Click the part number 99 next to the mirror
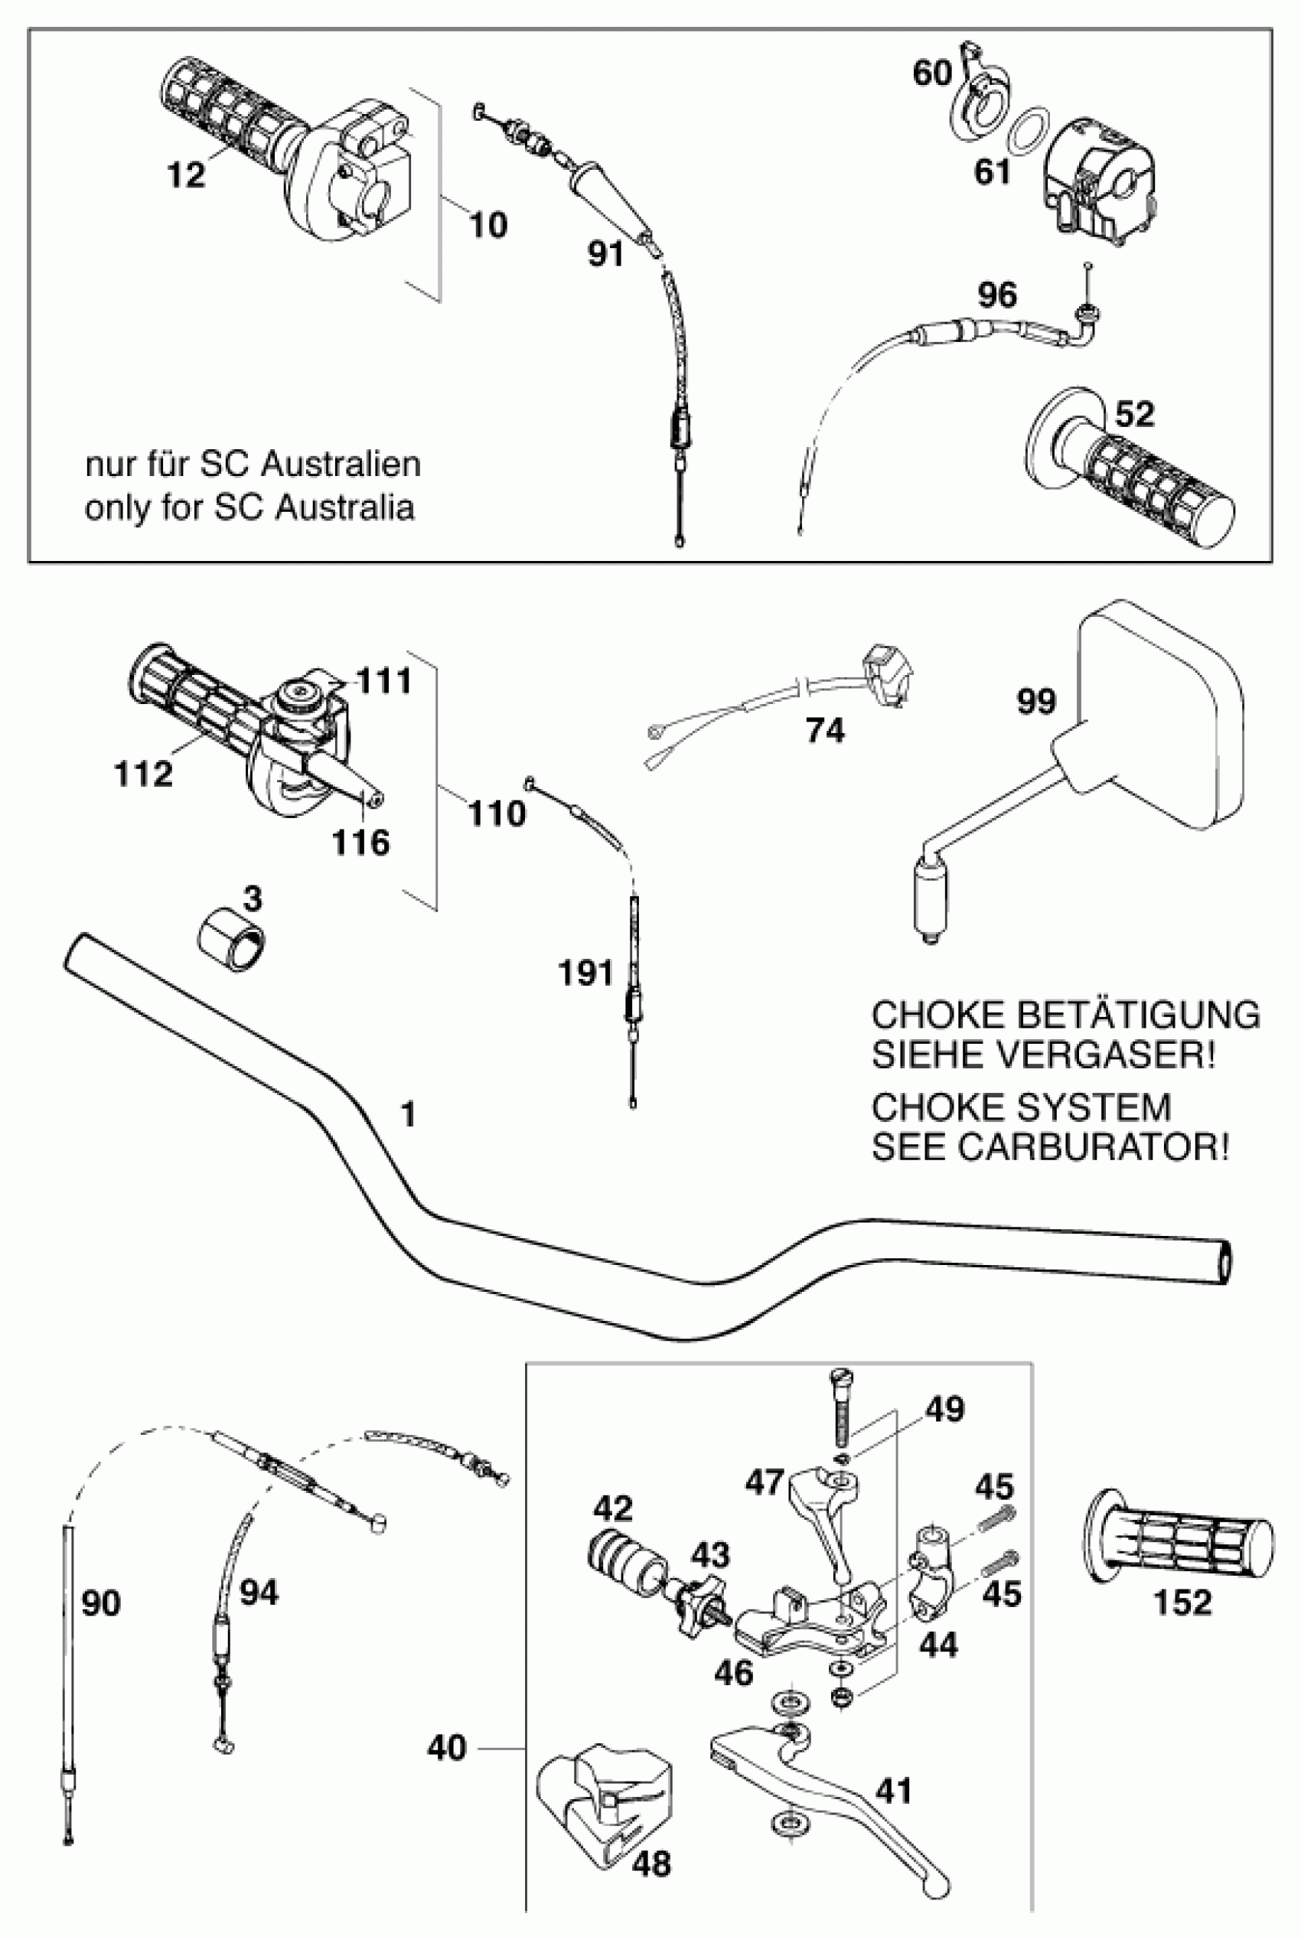[x=1036, y=702]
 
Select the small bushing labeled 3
[x=231, y=941]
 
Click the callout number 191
[x=585, y=973]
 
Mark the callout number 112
[x=142, y=774]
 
